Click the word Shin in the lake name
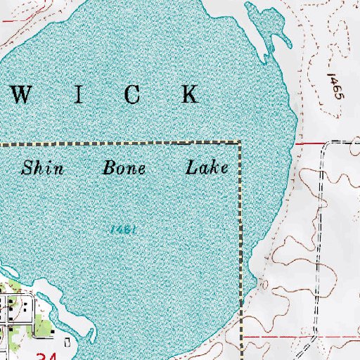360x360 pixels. [x=43, y=168]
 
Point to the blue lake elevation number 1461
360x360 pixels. [x=122, y=229]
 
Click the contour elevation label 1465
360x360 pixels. [x=334, y=86]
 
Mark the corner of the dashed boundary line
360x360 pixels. [x=239, y=143]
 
